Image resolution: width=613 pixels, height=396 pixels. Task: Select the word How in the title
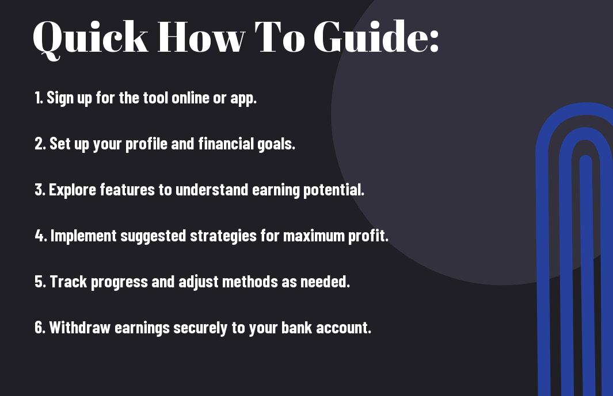coord(201,37)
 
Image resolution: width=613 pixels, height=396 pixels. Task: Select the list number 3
coord(40,190)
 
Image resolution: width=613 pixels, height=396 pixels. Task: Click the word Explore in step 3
coord(73,190)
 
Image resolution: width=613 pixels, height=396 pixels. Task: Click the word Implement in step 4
coord(83,236)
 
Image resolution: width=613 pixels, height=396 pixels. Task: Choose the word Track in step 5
coord(68,282)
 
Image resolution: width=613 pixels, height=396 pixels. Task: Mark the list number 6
coord(40,328)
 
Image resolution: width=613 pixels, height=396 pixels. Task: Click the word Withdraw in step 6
coord(80,328)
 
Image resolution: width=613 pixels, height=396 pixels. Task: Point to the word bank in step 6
coord(297,327)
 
